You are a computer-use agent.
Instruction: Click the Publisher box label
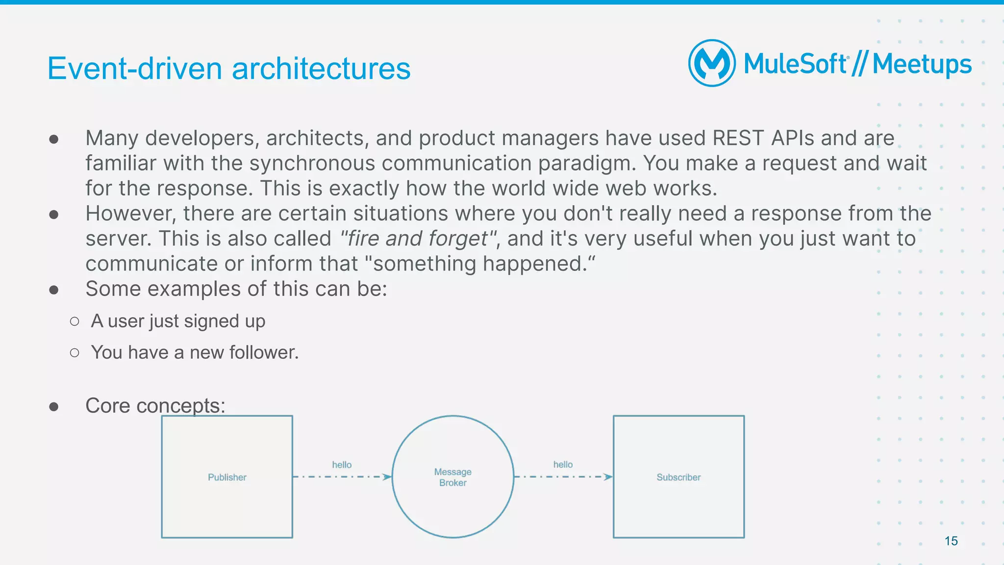tap(227, 477)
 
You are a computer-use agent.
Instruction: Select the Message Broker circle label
tap(452, 477)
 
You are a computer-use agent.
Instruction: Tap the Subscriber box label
tap(678, 477)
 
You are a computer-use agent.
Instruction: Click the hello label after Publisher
tap(342, 465)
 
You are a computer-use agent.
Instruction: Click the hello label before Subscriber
tap(563, 464)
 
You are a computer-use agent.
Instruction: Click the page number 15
tap(951, 541)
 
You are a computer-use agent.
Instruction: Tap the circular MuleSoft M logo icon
tap(712, 63)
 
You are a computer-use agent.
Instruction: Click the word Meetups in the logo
tap(922, 65)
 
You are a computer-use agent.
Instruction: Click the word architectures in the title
tap(321, 69)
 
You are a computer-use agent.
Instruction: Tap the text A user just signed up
tap(178, 321)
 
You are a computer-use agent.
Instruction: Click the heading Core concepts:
tap(155, 406)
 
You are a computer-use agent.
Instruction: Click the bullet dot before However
tap(54, 214)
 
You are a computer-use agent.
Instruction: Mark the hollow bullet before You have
tap(75, 353)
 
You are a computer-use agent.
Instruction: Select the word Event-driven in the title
tap(135, 69)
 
